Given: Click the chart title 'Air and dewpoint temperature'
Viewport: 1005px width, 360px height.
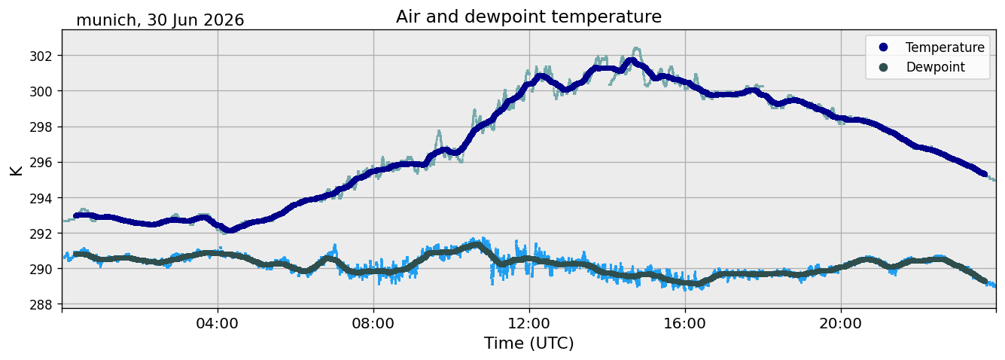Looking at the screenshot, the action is coord(528,17).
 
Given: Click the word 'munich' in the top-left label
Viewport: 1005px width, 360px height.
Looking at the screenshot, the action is coord(106,20).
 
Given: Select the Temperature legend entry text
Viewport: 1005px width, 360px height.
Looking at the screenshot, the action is coord(945,47).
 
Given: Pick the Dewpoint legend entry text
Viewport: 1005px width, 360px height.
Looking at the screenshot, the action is coord(935,67).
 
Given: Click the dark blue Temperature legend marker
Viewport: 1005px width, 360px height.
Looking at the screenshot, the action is coord(883,47).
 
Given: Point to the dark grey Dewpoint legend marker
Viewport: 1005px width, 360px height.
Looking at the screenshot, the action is coord(883,67).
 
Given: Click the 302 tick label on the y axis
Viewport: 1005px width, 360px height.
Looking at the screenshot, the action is coord(41,56).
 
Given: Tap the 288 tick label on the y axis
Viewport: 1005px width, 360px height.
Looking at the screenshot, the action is coord(41,305).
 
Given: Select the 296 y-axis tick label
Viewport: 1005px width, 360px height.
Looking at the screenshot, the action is coord(41,163).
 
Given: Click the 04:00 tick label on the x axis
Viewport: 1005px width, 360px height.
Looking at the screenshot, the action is coord(218,324).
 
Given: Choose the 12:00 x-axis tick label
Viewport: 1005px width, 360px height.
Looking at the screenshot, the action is coord(529,324).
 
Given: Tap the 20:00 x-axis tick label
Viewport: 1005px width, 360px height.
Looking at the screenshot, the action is coord(841,324).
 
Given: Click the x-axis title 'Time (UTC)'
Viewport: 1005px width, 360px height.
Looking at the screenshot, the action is coord(528,343).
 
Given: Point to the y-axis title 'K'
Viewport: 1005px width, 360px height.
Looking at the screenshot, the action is coord(16,171).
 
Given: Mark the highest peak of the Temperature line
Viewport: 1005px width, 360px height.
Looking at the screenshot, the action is coord(632,60).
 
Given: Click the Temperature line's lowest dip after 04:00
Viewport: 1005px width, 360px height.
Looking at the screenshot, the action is coord(230,230).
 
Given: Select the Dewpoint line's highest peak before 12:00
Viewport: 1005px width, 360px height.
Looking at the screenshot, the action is coord(477,245).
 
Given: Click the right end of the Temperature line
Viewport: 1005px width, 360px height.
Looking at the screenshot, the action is coord(985,174).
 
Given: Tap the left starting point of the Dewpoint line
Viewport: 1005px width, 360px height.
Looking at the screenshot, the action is coord(76,254).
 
